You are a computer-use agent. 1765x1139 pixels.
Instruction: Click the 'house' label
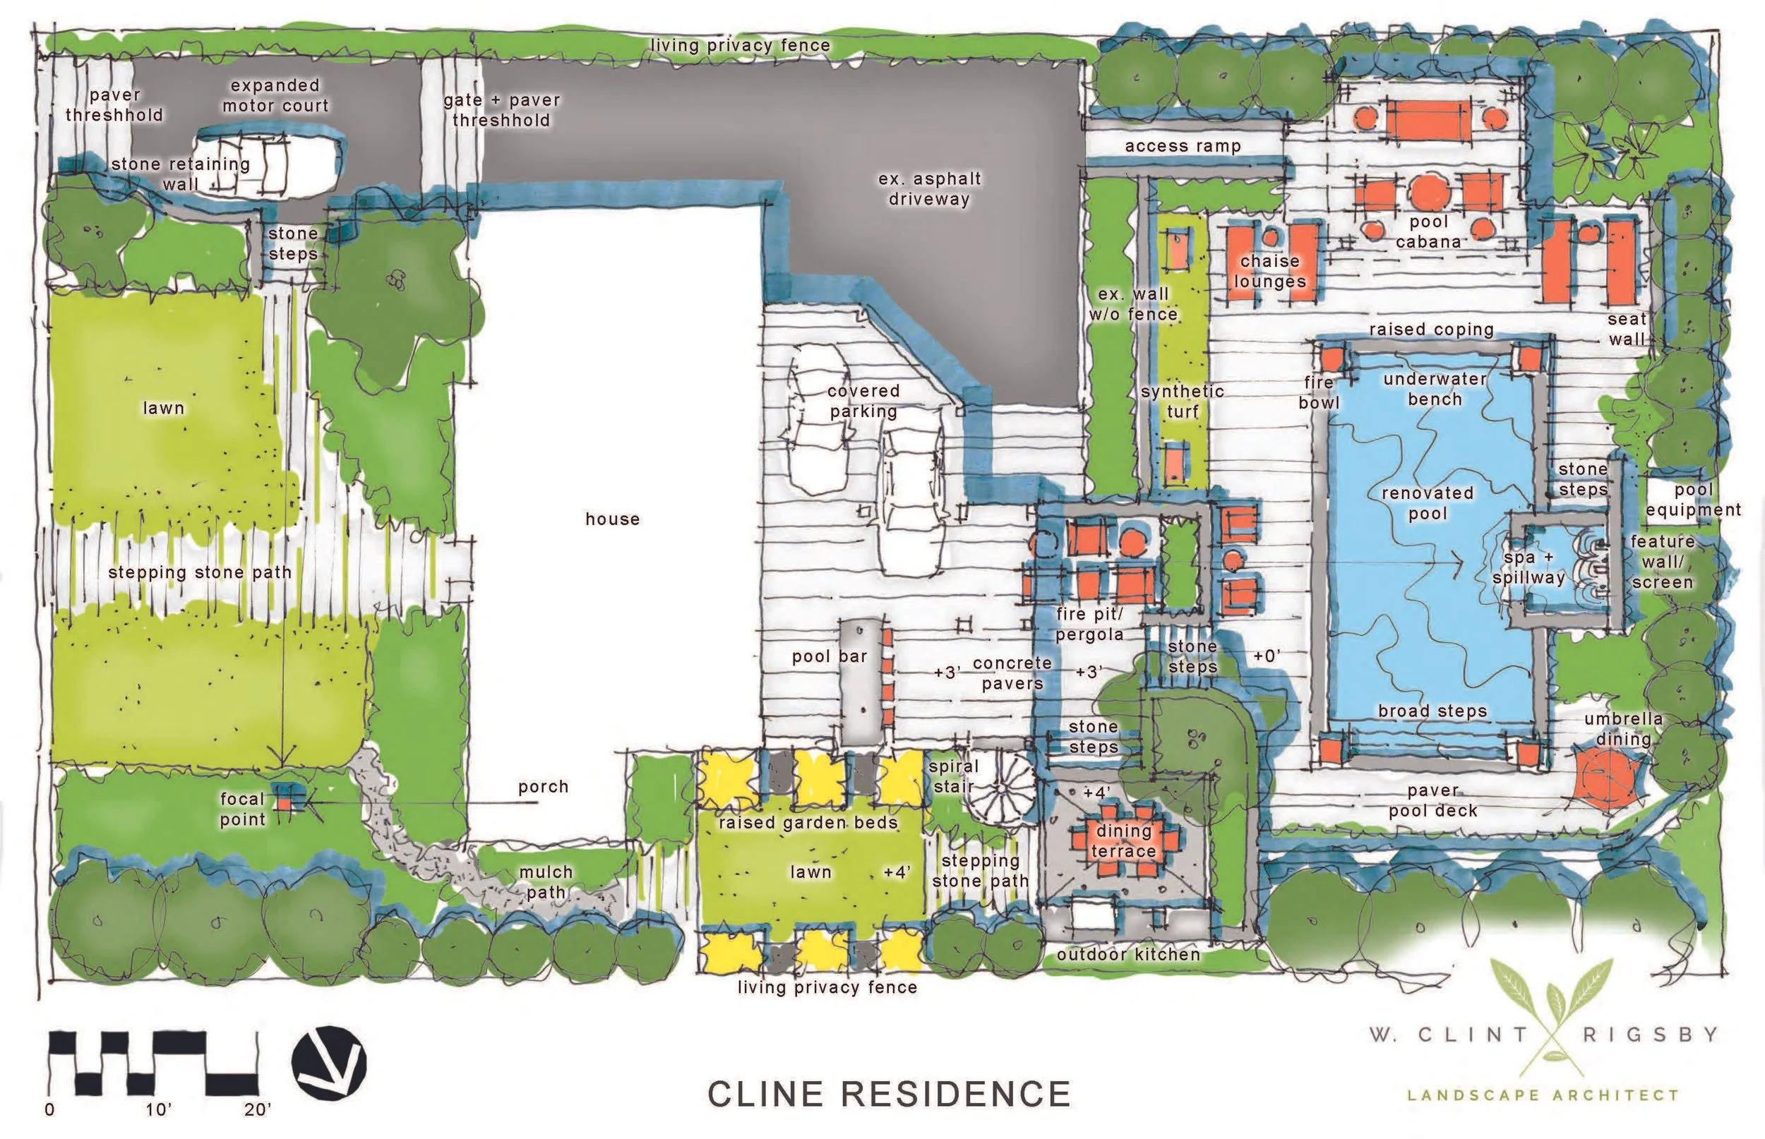point(612,519)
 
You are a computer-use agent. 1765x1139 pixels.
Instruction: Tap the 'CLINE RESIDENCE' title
point(888,1094)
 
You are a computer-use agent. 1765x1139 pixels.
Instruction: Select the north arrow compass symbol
point(329,1062)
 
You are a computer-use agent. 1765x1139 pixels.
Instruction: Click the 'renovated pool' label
point(1427,503)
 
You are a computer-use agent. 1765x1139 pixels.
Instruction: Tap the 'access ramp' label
point(1182,147)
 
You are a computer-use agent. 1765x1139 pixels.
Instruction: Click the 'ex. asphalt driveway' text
point(929,188)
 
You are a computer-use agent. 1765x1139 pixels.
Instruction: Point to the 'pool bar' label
point(829,656)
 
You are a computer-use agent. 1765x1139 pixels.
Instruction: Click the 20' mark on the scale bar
point(258,1110)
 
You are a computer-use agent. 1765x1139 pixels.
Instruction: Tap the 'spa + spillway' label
point(1528,567)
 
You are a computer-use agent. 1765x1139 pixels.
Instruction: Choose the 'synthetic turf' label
point(1182,401)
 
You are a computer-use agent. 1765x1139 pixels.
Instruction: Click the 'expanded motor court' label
point(275,95)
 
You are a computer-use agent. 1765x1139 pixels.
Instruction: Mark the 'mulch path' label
point(546,882)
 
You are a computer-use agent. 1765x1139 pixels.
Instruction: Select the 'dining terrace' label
point(1123,840)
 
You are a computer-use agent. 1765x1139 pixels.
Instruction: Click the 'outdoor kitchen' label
point(1127,954)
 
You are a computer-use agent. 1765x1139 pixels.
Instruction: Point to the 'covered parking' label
point(863,401)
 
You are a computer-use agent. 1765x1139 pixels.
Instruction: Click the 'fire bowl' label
point(1319,392)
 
